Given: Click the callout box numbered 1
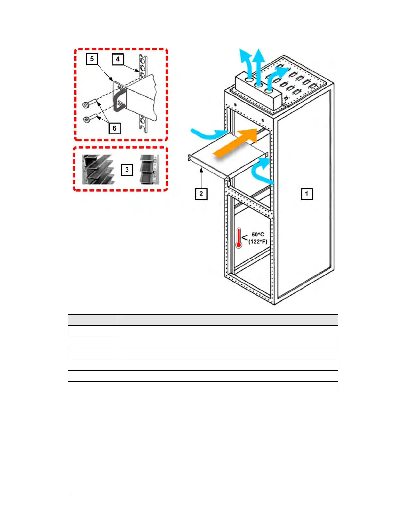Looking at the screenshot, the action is pyautogui.click(x=306, y=194).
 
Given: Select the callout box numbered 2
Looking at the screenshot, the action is pyautogui.click(x=201, y=194).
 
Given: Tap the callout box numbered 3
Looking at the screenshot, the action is pyautogui.click(x=127, y=170).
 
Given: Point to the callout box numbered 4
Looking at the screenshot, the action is pyautogui.click(x=118, y=59).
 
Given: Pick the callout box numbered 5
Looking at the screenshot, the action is pyautogui.click(x=92, y=59).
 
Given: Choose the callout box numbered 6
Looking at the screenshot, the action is pyautogui.click(x=114, y=128).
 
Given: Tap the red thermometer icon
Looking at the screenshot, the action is pyautogui.click(x=238, y=238).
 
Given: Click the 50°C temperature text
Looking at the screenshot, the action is pyautogui.click(x=258, y=234).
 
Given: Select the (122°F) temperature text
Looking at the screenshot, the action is pyautogui.click(x=258, y=241).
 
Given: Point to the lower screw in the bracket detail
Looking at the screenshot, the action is pyautogui.click(x=90, y=118).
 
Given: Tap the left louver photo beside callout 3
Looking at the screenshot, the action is pyautogui.click(x=98, y=169).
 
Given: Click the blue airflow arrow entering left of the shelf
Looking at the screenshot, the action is pyautogui.click(x=207, y=134).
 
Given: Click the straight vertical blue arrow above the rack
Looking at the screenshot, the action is pyautogui.click(x=258, y=63).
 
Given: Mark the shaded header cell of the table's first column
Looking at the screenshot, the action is pyautogui.click(x=92, y=320).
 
